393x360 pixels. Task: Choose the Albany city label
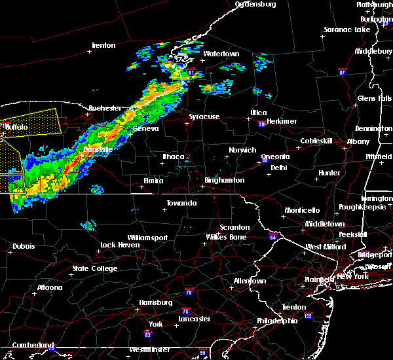pyautogui.click(x=358, y=141)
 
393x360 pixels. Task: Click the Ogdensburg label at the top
pyautogui.click(x=255, y=4)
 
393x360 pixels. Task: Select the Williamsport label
pyautogui.click(x=147, y=238)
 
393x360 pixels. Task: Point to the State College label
pyautogui.click(x=95, y=268)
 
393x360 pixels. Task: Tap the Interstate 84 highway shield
pyautogui.click(x=273, y=236)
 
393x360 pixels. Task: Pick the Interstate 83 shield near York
pyautogui.click(x=147, y=335)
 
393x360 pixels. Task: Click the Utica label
pyautogui.click(x=258, y=113)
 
